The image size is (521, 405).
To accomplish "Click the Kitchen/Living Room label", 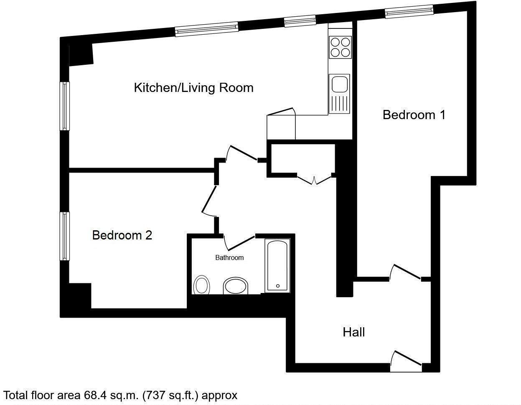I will pyautogui.click(x=193, y=88).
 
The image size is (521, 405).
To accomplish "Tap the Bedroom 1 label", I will pyautogui.click(x=414, y=115).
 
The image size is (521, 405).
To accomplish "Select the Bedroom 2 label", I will pyautogui.click(x=122, y=235).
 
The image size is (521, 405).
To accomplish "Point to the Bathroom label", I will pyautogui.click(x=229, y=257).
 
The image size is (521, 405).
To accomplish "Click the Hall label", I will pyautogui.click(x=354, y=332).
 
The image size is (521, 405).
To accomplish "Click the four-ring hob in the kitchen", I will pyautogui.click(x=340, y=47).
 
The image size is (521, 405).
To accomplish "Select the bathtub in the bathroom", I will pyautogui.click(x=277, y=266).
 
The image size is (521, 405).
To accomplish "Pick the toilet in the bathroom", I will pyautogui.click(x=202, y=285).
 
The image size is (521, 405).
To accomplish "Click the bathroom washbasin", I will pyautogui.click(x=236, y=286).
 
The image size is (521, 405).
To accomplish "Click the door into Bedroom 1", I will pyautogui.click(x=405, y=272).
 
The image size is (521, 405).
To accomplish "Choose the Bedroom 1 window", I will pyautogui.click(x=409, y=12).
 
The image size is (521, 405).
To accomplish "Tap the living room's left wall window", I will pyautogui.click(x=65, y=106).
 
